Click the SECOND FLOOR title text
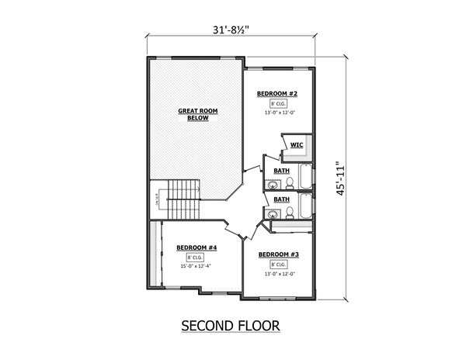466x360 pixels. pyautogui.click(x=230, y=324)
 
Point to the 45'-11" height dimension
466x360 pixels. pyautogui.click(x=339, y=180)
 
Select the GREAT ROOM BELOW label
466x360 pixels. pyautogui.click(x=198, y=115)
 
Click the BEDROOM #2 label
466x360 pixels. pyautogui.click(x=277, y=93)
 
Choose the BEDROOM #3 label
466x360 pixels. pyautogui.click(x=278, y=254)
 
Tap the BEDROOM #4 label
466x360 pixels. pyautogui.click(x=196, y=247)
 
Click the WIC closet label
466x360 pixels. pyautogui.click(x=297, y=145)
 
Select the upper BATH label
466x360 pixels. pyautogui.click(x=281, y=170)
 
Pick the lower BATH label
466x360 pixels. pyautogui.click(x=281, y=199)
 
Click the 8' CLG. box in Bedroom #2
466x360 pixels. pyautogui.click(x=277, y=103)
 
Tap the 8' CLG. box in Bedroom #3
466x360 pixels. pyautogui.click(x=278, y=265)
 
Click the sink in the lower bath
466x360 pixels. pyautogui.click(x=273, y=213)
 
